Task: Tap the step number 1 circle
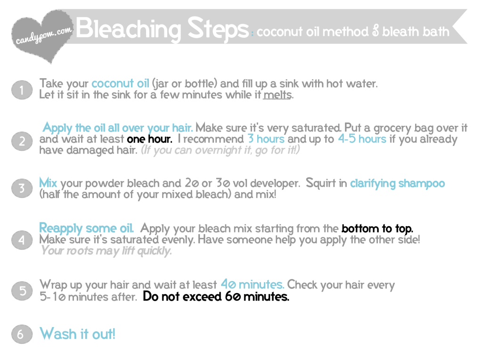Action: click(x=22, y=90)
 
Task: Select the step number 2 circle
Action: click(x=22, y=141)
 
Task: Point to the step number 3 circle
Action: click(x=22, y=188)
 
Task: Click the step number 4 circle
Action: click(x=22, y=239)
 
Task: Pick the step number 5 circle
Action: click(x=22, y=291)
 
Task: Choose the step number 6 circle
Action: click(x=22, y=334)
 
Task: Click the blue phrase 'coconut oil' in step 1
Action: click(x=120, y=83)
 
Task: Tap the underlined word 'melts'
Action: click(x=277, y=95)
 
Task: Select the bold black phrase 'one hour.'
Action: click(x=149, y=139)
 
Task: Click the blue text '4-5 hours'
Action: click(x=362, y=139)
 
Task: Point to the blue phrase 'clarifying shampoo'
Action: click(x=398, y=184)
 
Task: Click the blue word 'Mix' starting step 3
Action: click(x=48, y=183)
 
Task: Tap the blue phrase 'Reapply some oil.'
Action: click(x=86, y=229)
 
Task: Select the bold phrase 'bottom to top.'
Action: click(x=377, y=229)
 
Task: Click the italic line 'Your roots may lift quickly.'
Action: click(x=106, y=251)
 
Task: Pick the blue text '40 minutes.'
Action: click(x=253, y=285)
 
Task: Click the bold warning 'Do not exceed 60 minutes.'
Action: click(x=216, y=297)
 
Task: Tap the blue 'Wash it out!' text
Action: click(x=77, y=334)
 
